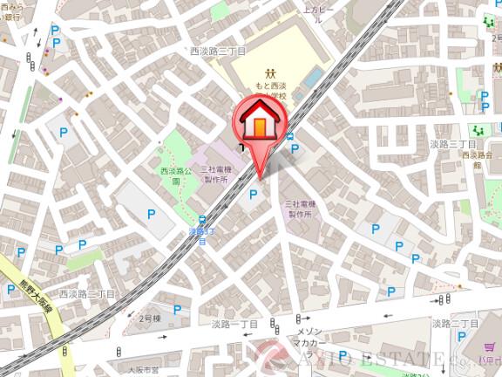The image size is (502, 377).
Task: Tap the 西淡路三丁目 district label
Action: tap(218, 51)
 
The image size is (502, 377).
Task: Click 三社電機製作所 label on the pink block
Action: tap(215, 173)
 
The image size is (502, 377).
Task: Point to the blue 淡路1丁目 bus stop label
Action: tap(201, 236)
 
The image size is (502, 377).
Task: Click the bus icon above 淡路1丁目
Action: tap(201, 220)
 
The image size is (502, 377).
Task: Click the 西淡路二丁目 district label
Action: tap(86, 296)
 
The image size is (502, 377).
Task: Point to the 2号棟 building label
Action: tap(151, 319)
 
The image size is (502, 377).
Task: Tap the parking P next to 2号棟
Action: tap(177, 309)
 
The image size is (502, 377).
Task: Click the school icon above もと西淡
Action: tap(271, 73)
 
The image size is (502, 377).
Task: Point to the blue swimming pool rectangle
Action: tap(311, 79)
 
